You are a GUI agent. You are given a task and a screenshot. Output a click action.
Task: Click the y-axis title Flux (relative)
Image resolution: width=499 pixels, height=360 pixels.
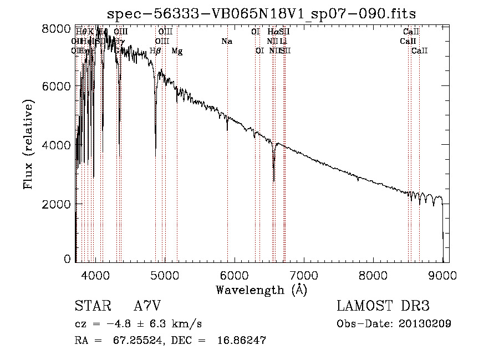point(28,144)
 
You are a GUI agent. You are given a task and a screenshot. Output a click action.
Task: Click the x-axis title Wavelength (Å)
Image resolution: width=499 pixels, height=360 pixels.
point(261,290)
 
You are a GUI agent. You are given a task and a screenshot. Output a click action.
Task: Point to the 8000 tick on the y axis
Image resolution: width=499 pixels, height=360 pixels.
point(57,28)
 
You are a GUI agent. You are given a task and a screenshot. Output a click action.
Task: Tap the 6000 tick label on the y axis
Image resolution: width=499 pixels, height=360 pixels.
point(57,86)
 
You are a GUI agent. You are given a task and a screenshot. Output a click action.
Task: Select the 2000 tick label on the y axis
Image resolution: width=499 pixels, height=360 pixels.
point(57,204)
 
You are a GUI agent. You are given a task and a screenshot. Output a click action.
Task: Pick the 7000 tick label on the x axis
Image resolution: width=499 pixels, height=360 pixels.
point(303,275)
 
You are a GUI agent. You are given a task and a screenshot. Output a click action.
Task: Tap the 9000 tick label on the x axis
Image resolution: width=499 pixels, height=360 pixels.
point(442,275)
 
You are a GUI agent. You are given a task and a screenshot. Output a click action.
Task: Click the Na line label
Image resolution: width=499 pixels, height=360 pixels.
point(226,41)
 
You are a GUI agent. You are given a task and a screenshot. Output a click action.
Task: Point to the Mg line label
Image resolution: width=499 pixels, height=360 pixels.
point(177,51)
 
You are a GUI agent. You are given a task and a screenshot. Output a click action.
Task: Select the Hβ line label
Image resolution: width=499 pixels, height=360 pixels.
point(156,51)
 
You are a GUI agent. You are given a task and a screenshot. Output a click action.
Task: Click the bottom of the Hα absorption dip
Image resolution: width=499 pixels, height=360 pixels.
point(274,180)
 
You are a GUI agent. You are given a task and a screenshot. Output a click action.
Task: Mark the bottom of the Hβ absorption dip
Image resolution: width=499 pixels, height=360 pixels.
point(155,149)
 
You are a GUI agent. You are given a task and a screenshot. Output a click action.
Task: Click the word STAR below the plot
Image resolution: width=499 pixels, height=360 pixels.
point(91,306)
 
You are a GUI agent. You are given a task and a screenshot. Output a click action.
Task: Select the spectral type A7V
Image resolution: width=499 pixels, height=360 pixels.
point(147,306)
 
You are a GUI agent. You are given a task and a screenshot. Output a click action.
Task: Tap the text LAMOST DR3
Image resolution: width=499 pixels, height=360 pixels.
point(383,306)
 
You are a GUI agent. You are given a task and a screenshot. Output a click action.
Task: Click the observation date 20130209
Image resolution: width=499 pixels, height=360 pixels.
point(425,323)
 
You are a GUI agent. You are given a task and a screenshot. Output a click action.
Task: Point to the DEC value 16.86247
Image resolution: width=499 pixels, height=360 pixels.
point(240,341)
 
